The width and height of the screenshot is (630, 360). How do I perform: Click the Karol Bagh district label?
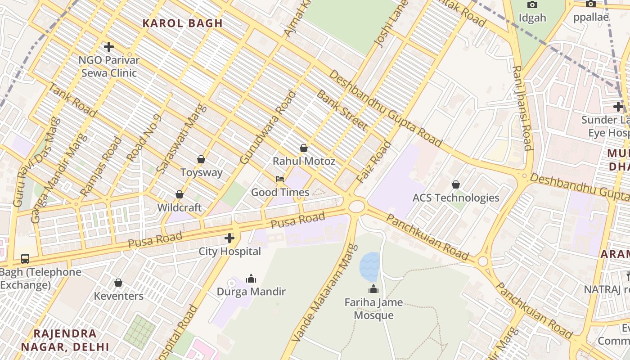click(x=182, y=23)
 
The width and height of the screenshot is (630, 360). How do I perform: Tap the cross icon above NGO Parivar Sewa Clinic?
click(x=108, y=46)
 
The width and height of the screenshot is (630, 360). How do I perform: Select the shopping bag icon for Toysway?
click(x=201, y=159)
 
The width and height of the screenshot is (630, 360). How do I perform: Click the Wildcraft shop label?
click(x=179, y=207)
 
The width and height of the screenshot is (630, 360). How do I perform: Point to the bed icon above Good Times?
click(x=280, y=179)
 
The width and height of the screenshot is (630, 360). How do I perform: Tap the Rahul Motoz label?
click(x=304, y=161)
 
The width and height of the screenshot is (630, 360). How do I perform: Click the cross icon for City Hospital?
click(x=229, y=238)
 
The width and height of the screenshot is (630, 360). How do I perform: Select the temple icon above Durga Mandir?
click(x=251, y=279)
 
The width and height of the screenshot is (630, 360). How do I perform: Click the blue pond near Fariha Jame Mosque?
click(x=369, y=266)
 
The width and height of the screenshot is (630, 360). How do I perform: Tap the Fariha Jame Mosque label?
click(x=373, y=309)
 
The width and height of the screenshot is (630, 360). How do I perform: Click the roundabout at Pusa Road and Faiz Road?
click(x=356, y=207)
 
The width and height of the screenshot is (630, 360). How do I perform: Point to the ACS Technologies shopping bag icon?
click(x=456, y=184)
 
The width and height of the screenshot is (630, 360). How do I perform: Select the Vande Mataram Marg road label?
click(x=321, y=293)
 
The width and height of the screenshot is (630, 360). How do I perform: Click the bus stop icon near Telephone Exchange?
click(x=25, y=259)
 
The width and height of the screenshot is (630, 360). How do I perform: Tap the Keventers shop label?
click(x=118, y=296)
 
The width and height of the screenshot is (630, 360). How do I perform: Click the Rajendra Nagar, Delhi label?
click(x=65, y=340)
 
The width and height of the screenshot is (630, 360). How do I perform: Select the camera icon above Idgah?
click(x=532, y=4)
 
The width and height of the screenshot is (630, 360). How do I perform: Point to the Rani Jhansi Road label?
click(x=522, y=108)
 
